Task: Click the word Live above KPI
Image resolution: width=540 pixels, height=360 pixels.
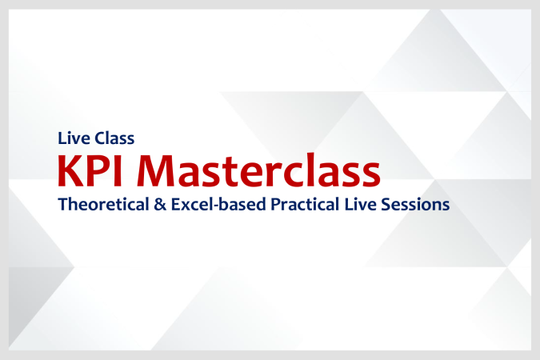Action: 74,137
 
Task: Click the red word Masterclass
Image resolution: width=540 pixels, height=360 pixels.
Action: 261,170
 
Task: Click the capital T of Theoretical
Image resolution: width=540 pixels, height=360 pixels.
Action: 62,204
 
